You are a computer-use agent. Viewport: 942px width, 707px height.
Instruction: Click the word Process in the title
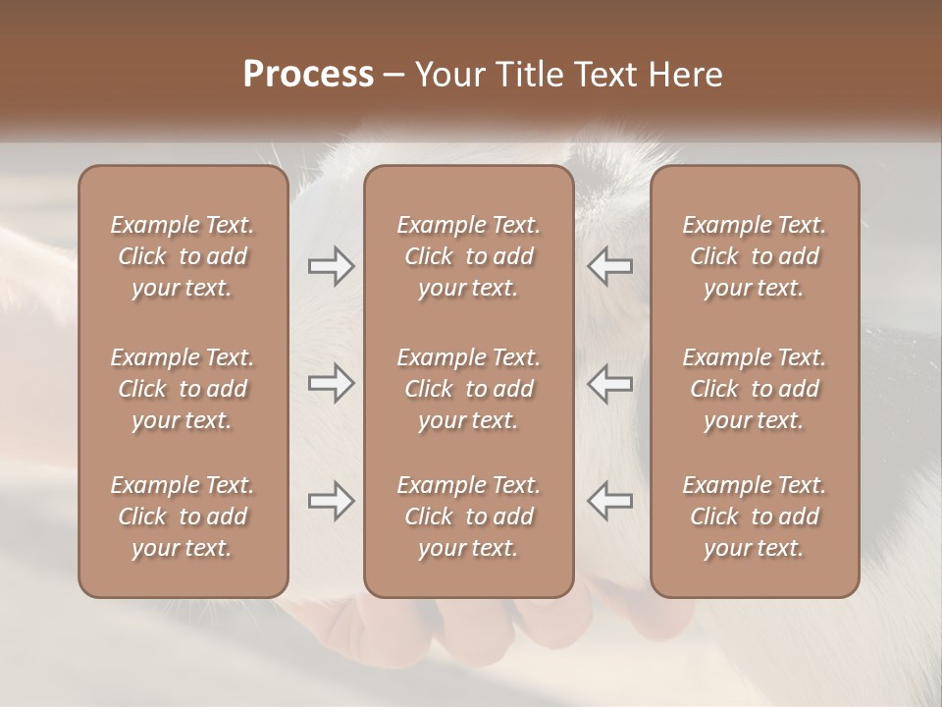pos(308,74)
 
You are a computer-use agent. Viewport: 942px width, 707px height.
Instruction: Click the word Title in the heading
pos(524,75)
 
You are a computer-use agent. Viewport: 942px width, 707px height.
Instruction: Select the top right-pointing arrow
pos(331,266)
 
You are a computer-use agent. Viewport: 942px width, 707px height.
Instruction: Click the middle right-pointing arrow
pos(331,383)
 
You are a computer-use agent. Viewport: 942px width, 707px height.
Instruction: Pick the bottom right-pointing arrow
pos(331,502)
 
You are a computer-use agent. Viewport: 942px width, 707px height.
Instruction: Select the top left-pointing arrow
pos(609,266)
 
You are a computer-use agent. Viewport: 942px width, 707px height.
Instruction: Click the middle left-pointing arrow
pos(609,383)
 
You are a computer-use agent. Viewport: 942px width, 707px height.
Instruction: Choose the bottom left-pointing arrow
pos(609,502)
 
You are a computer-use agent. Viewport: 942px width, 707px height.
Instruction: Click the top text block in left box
pos(183,256)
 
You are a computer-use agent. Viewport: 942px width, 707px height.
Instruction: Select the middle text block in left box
pos(183,389)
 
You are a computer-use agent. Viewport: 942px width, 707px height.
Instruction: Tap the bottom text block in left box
pos(183,517)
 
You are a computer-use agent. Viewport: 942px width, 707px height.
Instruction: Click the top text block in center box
pos(468,256)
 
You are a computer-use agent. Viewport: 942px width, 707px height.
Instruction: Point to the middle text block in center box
pos(468,389)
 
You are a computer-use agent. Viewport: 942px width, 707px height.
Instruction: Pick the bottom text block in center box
pos(468,517)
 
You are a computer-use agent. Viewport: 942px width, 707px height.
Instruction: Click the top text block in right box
pos(754,256)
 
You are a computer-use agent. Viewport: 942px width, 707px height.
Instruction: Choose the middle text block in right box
pos(754,389)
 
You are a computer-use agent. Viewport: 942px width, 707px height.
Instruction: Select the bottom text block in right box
pos(754,517)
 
